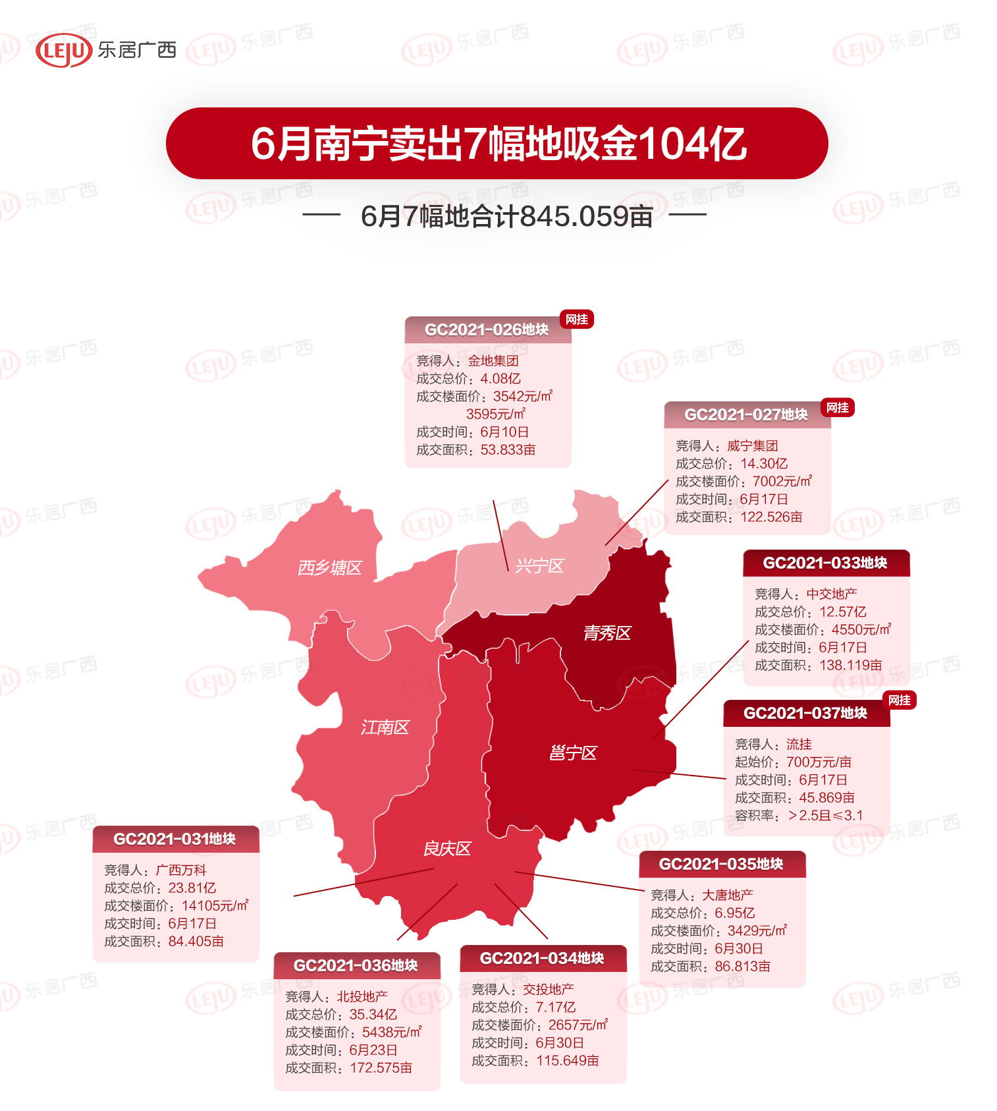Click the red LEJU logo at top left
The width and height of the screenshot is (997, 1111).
tap(64, 50)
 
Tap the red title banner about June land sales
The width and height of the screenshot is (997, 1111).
tap(497, 144)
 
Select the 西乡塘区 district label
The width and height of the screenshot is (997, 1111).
tap(329, 567)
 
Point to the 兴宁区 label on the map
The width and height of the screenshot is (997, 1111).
tap(539, 565)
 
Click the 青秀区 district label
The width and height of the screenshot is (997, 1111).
tap(606, 633)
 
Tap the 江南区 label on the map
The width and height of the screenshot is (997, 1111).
tap(385, 727)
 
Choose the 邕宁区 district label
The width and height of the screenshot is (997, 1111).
tap(572, 753)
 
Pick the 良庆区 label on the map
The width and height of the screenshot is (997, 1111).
tap(446, 849)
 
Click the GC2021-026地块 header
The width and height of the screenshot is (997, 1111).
tap(487, 329)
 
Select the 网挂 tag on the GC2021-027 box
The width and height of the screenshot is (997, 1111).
tap(837, 408)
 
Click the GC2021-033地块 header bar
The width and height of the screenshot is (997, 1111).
tap(825, 563)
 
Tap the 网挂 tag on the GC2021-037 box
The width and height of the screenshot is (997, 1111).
tap(899, 700)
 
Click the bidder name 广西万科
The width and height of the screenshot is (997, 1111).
tap(180, 870)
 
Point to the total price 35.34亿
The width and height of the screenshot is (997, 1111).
tap(373, 1014)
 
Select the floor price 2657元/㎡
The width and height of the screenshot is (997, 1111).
tap(578, 1025)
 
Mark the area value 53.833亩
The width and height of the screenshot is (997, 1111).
tap(508, 449)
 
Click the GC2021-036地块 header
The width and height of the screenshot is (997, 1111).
tap(356, 965)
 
